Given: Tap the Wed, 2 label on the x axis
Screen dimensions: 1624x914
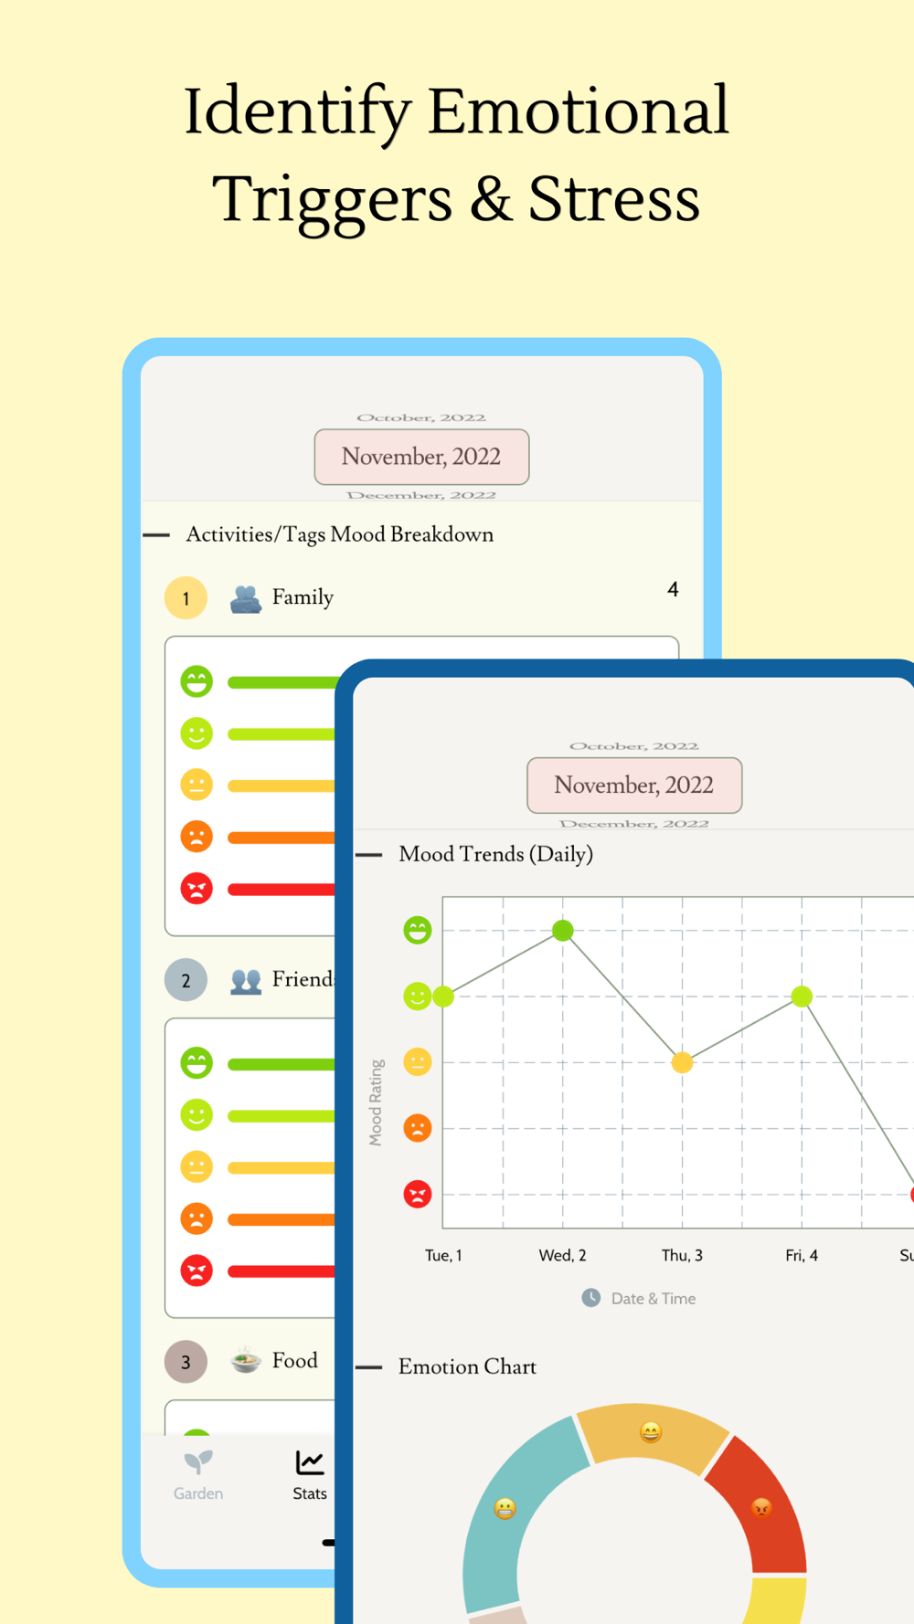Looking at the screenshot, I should (562, 1255).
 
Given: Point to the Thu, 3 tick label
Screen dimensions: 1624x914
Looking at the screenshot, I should (682, 1255).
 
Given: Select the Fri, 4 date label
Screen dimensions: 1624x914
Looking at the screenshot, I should (802, 1255).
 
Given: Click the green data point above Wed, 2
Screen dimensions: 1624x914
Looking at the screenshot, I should (563, 931).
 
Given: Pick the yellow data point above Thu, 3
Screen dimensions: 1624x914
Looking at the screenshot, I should (682, 1062).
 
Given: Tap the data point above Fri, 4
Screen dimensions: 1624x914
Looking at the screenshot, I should (802, 997).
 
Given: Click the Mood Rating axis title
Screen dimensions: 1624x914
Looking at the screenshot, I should (376, 1102).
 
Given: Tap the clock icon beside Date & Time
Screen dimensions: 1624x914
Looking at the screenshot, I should (591, 1298).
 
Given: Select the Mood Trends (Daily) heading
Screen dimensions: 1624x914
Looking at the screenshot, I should (496, 854).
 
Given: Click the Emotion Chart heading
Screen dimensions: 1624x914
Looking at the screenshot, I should (467, 1366).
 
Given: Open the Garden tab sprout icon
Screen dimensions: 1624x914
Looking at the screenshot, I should (198, 1462).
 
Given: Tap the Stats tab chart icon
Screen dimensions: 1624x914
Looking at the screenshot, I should (310, 1462).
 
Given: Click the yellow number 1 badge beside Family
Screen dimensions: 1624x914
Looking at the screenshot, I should (186, 598).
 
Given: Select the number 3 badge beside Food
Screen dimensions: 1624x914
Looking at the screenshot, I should (186, 1362).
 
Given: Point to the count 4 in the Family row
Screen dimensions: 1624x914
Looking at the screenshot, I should (673, 590).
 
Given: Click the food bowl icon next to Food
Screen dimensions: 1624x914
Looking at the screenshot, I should (245, 1361).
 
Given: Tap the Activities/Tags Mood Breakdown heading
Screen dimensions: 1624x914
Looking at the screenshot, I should (339, 534).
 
